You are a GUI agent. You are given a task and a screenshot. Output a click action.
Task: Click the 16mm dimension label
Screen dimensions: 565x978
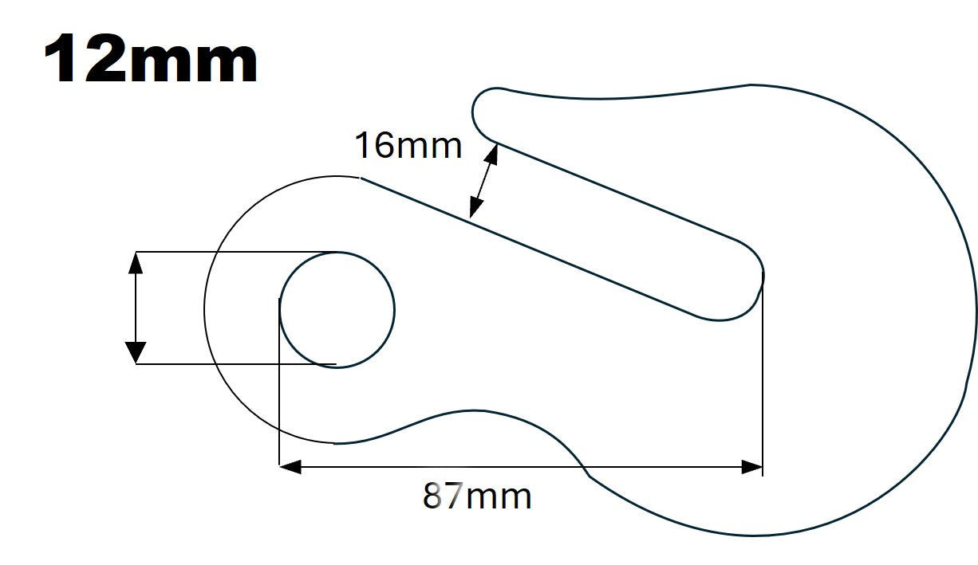click(x=408, y=146)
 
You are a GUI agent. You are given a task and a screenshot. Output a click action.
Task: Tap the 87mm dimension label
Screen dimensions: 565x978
click(x=477, y=496)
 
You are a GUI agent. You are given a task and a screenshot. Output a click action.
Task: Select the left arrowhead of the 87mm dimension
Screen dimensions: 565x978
click(x=290, y=467)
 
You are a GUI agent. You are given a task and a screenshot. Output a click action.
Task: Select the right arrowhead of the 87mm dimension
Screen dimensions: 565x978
click(x=752, y=467)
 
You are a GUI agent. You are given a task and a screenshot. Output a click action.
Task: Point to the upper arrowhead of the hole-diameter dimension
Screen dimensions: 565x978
click(x=136, y=262)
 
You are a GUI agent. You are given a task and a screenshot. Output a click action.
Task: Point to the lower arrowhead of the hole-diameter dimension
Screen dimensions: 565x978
click(x=136, y=352)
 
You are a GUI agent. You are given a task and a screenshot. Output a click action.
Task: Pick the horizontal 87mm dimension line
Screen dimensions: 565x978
click(x=519, y=467)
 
